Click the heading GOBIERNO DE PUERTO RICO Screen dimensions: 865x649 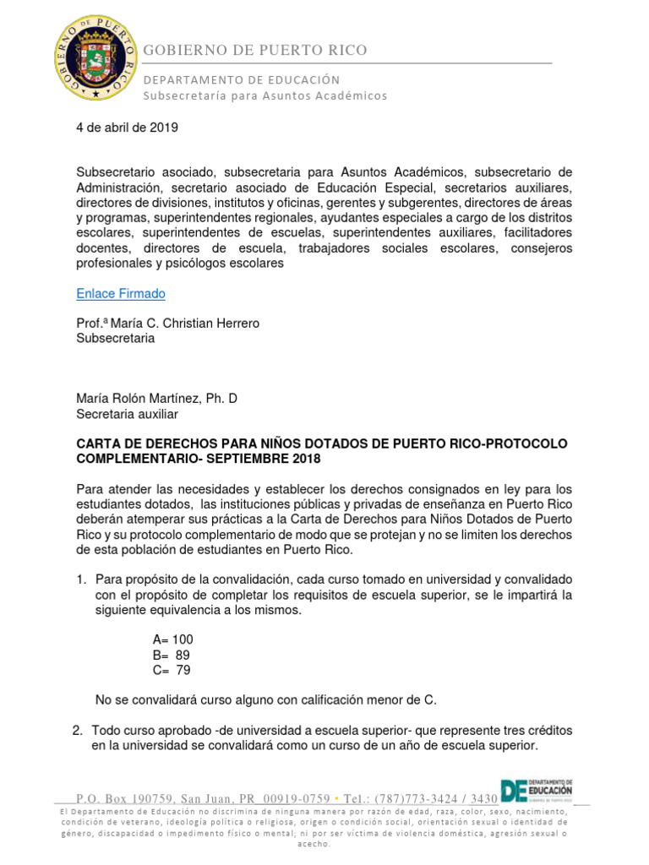click(x=255, y=50)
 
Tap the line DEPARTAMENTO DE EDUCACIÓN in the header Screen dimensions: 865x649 click(x=242, y=79)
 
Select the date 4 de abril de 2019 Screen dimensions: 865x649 click(x=128, y=128)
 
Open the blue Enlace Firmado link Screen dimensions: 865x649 click(x=120, y=294)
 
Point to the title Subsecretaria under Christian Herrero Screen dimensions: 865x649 click(x=116, y=338)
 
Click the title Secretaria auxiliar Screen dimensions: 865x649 click(x=127, y=413)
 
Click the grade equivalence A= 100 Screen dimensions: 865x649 click(x=172, y=639)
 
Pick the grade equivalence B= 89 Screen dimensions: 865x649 click(x=172, y=655)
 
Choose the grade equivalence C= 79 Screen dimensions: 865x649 click(x=172, y=670)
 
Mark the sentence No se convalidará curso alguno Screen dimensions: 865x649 click(x=266, y=699)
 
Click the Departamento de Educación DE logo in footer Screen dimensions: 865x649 click(x=537, y=789)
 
